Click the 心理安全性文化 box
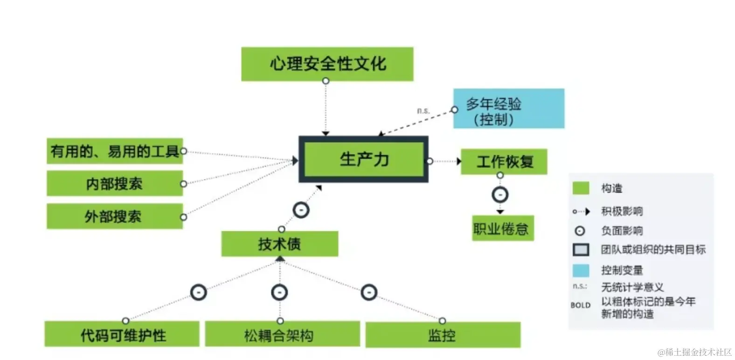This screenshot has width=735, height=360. click(x=327, y=64)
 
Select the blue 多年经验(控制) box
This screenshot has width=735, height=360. click(x=508, y=109)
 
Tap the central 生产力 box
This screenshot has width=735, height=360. click(x=363, y=159)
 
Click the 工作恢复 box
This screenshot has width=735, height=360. click(x=504, y=162)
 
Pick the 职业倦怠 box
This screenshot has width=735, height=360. click(x=502, y=228)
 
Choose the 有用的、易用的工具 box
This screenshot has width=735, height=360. click(x=114, y=151)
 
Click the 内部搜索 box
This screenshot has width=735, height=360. click(x=114, y=183)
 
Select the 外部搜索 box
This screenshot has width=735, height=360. click(x=114, y=216)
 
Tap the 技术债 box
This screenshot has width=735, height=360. click(x=279, y=244)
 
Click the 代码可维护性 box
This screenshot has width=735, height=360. click(x=122, y=334)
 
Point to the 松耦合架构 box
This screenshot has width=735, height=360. click(x=282, y=334)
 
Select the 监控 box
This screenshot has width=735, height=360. click(x=443, y=335)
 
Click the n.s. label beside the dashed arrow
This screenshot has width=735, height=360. click(x=423, y=111)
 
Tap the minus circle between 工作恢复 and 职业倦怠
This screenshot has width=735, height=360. click(x=500, y=194)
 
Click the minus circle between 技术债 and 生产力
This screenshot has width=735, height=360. click(x=301, y=210)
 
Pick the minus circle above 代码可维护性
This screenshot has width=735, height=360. click(x=199, y=293)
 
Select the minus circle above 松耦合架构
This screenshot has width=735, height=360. click(x=279, y=293)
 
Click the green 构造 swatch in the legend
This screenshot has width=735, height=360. click(x=581, y=188)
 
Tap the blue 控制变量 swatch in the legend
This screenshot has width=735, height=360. click(x=581, y=270)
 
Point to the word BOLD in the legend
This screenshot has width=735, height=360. click(x=580, y=305)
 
